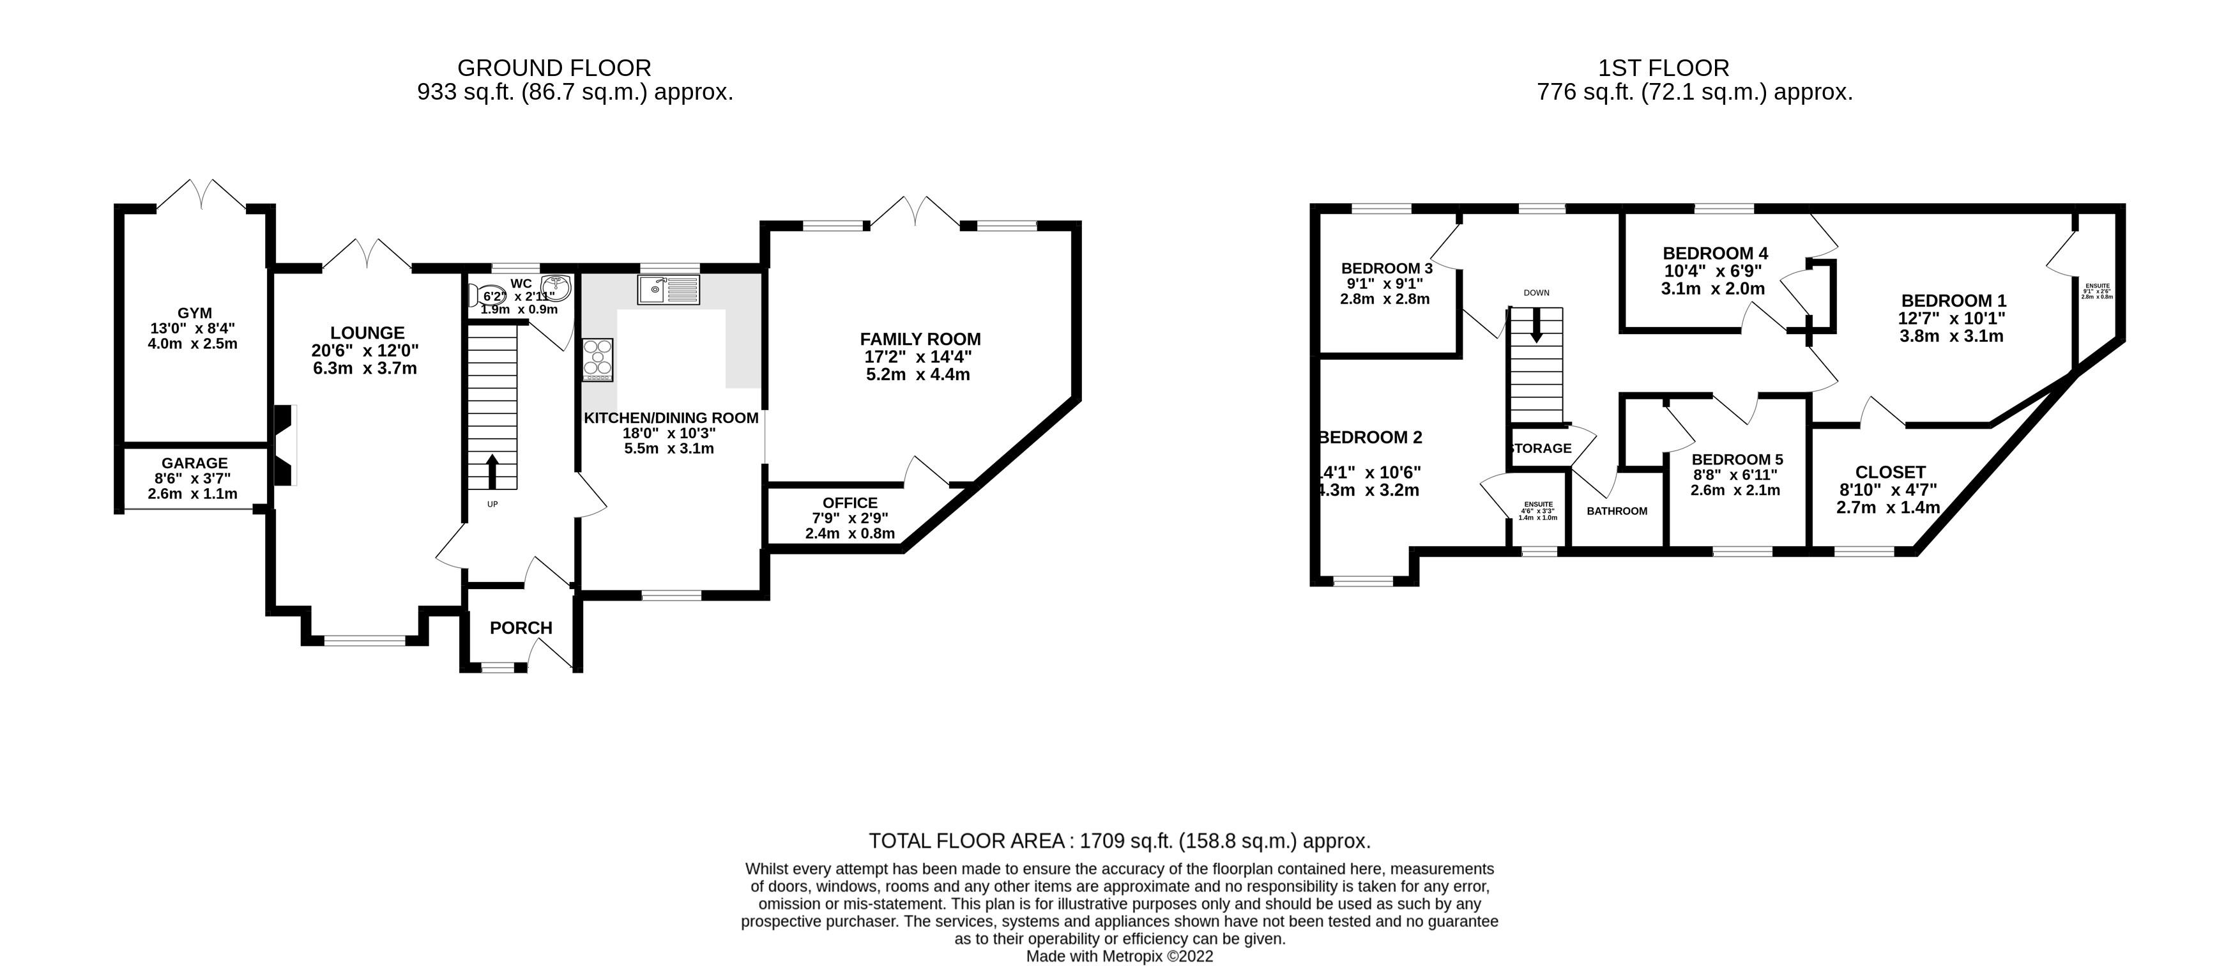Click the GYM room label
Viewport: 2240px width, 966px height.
pyautogui.click(x=194, y=313)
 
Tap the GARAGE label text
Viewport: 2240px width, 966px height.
pyautogui.click(x=194, y=463)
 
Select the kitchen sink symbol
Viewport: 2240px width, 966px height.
pyautogui.click(x=668, y=289)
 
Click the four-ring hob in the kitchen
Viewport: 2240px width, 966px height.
pyautogui.click(x=597, y=359)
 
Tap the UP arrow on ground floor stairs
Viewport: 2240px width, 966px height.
pyautogui.click(x=492, y=471)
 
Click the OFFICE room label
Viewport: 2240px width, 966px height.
pyautogui.click(x=850, y=503)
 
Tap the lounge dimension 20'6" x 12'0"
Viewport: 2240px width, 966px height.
pyautogui.click(x=365, y=350)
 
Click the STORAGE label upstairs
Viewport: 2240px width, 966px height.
pyautogui.click(x=1540, y=448)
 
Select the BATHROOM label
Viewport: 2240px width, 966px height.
pyautogui.click(x=1617, y=511)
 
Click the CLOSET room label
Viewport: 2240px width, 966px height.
pyautogui.click(x=1891, y=472)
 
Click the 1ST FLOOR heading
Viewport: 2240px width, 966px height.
pyautogui.click(x=1663, y=68)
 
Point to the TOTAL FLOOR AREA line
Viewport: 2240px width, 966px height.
pyautogui.click(x=1119, y=841)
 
